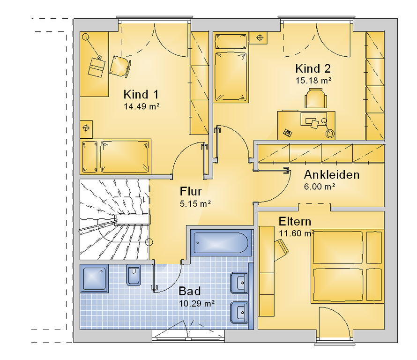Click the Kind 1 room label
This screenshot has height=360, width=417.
pos(141,95)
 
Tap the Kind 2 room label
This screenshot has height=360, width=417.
pos(313,68)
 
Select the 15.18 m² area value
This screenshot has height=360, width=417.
pos(313,80)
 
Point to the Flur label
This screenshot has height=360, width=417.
pos(191,191)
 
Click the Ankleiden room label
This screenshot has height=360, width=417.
pos(332,175)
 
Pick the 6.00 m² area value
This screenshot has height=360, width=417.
pos(319,187)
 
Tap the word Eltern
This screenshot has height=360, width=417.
pos(295,221)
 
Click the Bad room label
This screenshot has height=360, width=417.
pos(190,291)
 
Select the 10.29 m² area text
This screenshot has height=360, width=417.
pos(197,303)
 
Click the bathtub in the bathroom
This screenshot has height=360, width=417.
pos(221,243)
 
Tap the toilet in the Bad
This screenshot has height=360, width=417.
pos(134,275)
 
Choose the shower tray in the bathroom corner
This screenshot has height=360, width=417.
pos(94,278)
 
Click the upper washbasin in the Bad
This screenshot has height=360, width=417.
pos(239,283)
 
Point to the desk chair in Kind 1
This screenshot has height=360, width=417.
pos(120,66)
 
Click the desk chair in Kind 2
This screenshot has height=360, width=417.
pos(315,98)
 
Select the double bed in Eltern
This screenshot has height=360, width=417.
pos(348,266)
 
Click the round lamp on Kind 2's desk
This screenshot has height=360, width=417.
pos(329,133)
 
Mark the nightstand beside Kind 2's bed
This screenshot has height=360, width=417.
pos(258,38)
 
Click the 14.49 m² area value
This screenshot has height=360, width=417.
pos(141,106)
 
